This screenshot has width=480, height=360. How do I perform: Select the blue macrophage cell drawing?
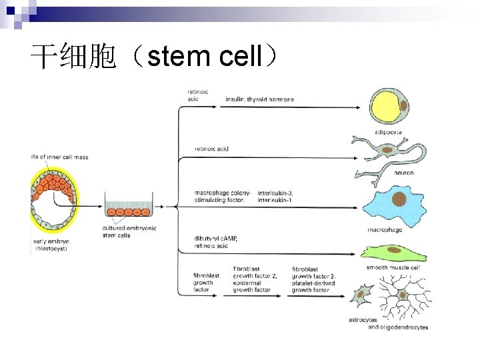click(394, 203)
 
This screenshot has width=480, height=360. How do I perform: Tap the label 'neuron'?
click(403, 173)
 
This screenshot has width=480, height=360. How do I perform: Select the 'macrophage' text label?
click(385, 230)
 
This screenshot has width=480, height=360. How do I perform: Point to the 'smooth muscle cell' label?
click(394, 268)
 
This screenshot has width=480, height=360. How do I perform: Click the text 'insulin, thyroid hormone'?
click(259, 99)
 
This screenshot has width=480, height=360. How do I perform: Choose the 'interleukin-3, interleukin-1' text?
click(275, 196)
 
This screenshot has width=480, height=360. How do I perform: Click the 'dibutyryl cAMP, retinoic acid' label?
click(216, 242)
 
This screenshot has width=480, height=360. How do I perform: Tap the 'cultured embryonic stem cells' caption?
click(129, 231)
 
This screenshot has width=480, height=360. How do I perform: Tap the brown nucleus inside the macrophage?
click(399, 198)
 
